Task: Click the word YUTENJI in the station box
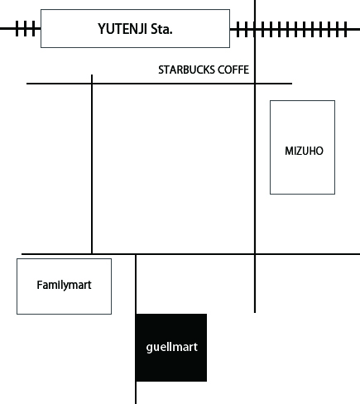coord(122,29)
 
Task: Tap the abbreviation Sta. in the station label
coord(161,29)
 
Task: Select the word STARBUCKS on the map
coord(186,70)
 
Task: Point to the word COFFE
coord(233,70)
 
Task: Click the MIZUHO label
coord(304,151)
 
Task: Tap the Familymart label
coord(64,285)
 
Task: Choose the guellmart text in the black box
coord(172,347)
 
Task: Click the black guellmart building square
coord(171,348)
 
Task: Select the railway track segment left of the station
coord(21,28)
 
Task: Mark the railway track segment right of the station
coord(295,29)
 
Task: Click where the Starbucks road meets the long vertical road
coord(255,83)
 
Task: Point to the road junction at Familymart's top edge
coord(92,253)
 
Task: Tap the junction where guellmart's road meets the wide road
coord(136,254)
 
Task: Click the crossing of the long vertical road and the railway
coord(255,29)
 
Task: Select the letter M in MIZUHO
coord(289,151)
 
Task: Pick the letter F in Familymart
coord(40,285)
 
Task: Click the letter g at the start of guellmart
coord(150,349)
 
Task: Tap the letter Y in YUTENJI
coord(102,29)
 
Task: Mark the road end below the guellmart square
coord(136,403)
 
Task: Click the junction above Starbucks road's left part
coord(92,83)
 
